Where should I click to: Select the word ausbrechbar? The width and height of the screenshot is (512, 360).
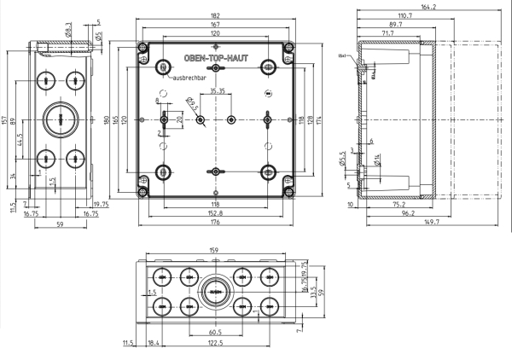click(189, 78)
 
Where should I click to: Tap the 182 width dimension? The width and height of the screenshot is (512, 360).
click(215, 15)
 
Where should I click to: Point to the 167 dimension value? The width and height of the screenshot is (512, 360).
click(215, 25)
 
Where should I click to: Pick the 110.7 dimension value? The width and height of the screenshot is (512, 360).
click(405, 16)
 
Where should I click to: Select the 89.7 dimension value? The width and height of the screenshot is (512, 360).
click(394, 25)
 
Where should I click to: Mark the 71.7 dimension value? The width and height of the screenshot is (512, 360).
click(387, 33)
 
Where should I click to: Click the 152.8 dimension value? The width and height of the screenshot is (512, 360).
click(215, 214)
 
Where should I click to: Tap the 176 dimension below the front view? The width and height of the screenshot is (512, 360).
click(215, 224)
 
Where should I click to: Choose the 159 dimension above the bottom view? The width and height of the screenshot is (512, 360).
click(215, 251)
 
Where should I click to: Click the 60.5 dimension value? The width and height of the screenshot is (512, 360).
click(215, 333)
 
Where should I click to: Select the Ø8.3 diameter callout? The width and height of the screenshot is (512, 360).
click(67, 31)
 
